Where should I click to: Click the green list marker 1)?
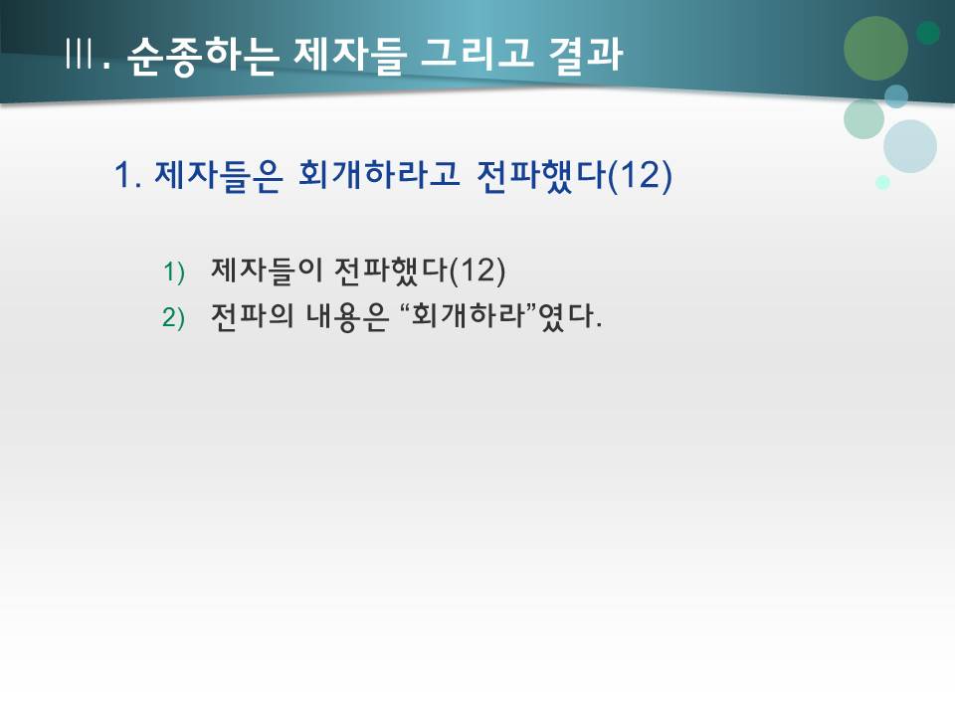point(174,271)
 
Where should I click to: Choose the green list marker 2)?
point(174,317)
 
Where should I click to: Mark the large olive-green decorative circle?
point(875,48)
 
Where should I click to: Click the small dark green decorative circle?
point(928,33)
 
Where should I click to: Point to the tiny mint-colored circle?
point(882,182)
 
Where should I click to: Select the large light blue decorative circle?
point(910,146)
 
